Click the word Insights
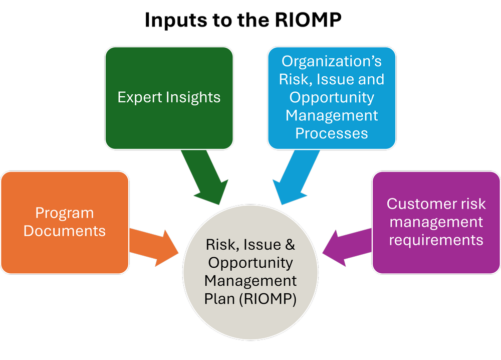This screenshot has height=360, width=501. [x=195, y=97]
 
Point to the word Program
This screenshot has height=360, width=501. [x=64, y=213]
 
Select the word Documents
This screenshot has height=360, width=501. [x=65, y=231]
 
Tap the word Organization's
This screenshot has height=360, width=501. [x=332, y=61]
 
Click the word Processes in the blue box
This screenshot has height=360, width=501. [x=332, y=133]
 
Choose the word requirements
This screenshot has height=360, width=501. [x=436, y=240]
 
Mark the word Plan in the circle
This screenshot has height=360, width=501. [x=219, y=299]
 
